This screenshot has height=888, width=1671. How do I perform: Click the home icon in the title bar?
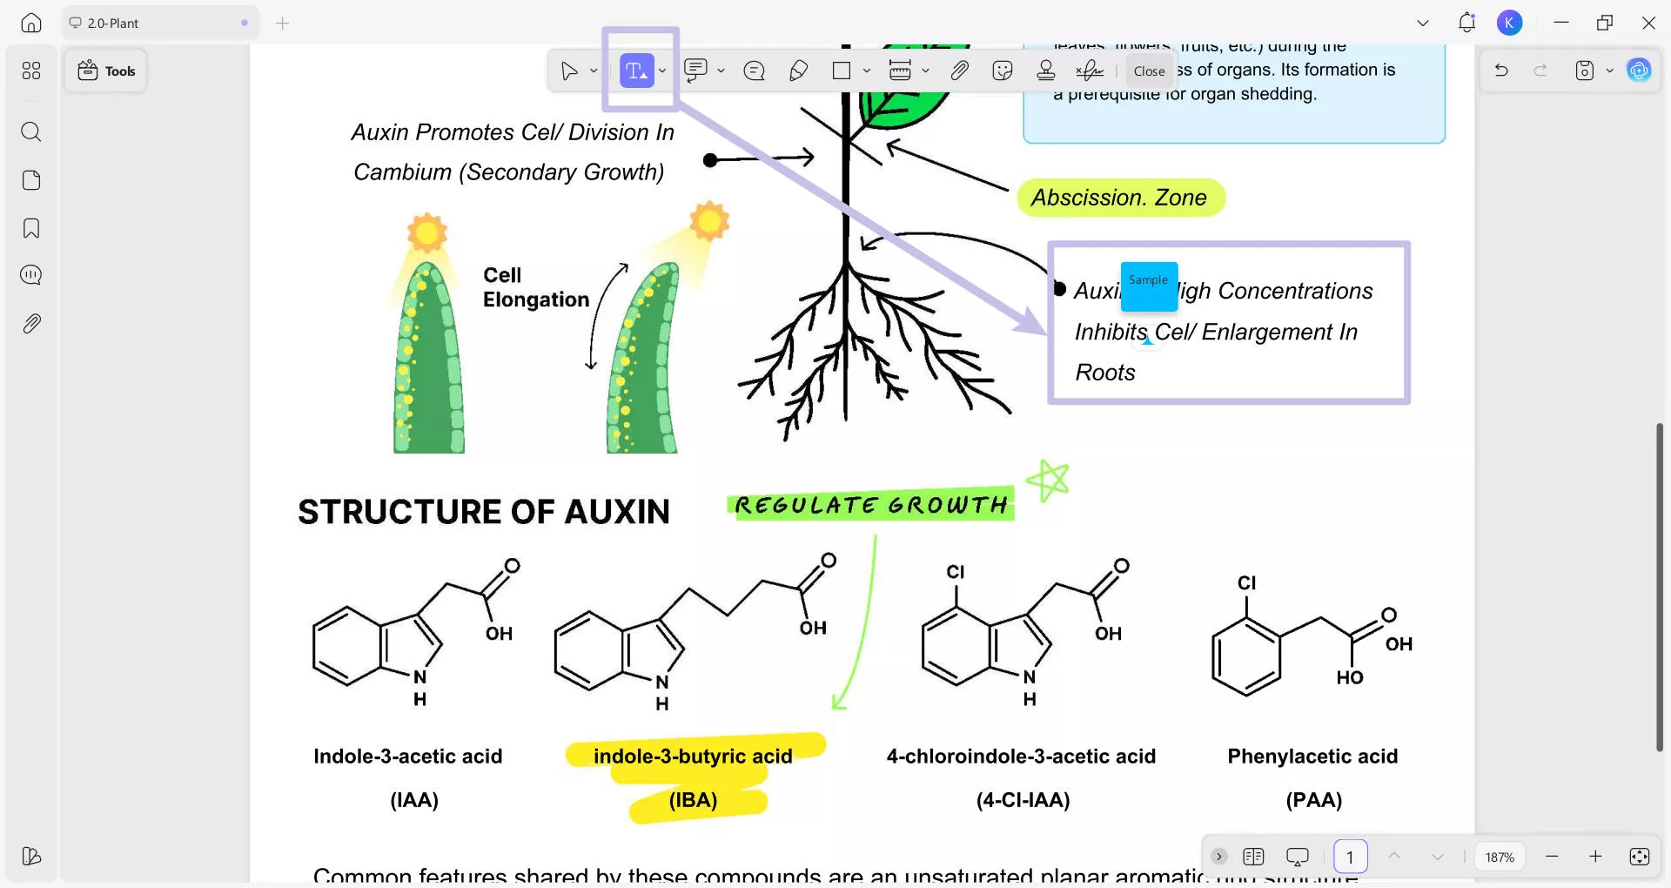coord(31,23)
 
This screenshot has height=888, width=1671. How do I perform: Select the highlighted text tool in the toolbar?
coord(636,71)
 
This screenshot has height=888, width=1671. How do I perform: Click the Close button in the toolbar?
coord(1149,71)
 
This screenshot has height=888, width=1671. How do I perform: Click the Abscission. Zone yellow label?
coord(1119,198)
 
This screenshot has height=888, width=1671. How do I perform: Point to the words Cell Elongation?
coord(535,287)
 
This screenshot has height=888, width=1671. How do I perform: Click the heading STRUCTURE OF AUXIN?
coord(484,512)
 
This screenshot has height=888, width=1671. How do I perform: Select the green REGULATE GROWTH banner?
coord(870,505)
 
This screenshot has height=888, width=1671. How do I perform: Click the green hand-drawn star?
coord(1048,480)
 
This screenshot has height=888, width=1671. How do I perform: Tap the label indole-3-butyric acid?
coord(693,756)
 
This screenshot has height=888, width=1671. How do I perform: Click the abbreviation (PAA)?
coord(1313,799)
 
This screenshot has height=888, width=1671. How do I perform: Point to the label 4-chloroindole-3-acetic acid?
coord(1021,756)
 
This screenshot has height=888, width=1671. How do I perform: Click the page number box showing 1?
coord(1350,857)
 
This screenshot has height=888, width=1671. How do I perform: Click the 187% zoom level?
coord(1500,857)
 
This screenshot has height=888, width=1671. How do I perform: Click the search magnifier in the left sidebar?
coord(31,131)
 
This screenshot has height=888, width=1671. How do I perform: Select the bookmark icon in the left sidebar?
coord(31,228)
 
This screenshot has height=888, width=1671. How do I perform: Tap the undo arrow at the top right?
coord(1501,71)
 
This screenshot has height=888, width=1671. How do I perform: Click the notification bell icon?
coord(1466,23)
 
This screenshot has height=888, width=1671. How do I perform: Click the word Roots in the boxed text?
coord(1105,373)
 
